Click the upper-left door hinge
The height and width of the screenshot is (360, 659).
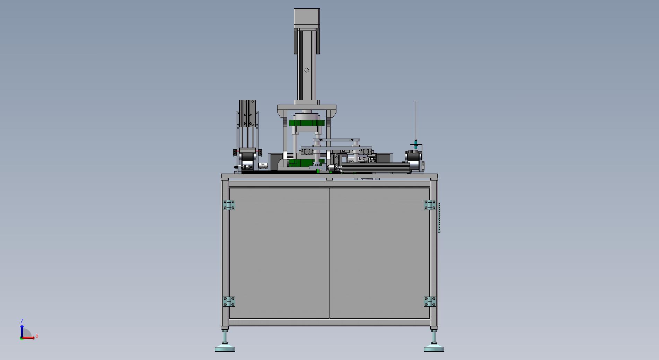coord(229,205)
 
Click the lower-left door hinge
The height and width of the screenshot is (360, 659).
coord(229,301)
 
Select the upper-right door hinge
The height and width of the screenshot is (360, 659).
coord(430,205)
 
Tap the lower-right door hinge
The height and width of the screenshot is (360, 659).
coord(430,301)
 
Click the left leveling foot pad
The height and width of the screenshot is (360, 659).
coord(225,347)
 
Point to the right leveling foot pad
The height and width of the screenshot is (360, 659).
coord(434,347)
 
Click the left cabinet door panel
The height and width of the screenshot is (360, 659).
coord(279,253)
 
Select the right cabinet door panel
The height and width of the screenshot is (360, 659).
coord(380,253)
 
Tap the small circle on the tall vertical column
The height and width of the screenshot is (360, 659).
coord(307,70)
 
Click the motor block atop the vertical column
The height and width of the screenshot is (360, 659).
coord(307,19)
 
